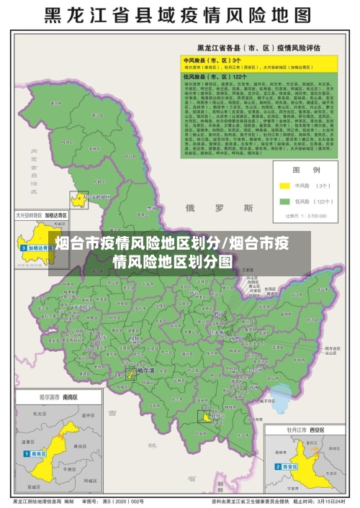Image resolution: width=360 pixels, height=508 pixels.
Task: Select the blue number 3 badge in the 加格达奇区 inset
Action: pos(24,248)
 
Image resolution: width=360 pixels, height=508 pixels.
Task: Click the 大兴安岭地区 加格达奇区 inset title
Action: pos(41,214)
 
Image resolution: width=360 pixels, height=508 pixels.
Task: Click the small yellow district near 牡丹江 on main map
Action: pos(207,416)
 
